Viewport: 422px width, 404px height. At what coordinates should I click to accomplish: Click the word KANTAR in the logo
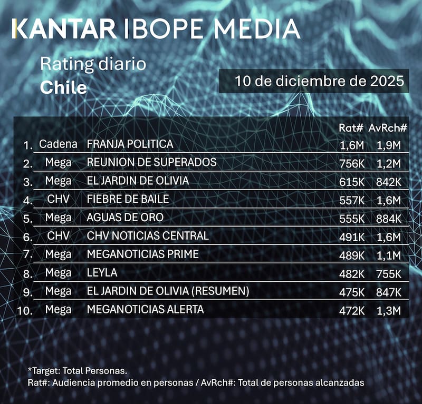click(62, 29)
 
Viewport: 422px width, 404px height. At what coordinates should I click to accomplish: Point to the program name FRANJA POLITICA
click(130, 144)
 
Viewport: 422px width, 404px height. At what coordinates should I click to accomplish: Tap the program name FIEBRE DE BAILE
click(128, 199)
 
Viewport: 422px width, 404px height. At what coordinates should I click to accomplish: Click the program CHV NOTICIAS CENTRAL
click(147, 235)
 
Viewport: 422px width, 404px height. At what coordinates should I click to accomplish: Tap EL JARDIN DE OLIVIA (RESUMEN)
click(168, 291)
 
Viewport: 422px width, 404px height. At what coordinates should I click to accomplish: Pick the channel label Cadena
click(58, 144)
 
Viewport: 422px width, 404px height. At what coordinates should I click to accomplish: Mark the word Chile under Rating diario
click(63, 87)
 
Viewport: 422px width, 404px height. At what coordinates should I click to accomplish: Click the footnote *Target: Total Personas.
click(78, 371)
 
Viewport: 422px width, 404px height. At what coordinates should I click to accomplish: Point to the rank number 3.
click(28, 182)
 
